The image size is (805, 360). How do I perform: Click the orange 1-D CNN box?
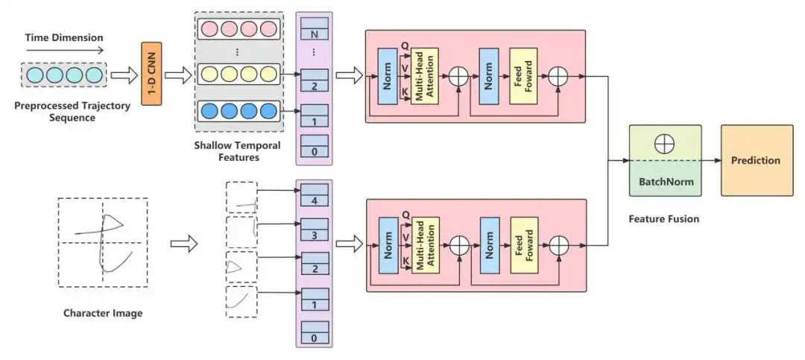tap(151, 74)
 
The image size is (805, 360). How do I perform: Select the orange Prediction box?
tap(756, 160)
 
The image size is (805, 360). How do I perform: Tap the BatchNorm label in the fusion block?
tap(665, 180)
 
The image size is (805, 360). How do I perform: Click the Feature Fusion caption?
tap(663, 218)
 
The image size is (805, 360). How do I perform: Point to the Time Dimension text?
tap(64, 37)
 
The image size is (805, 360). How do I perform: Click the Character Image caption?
tap(103, 313)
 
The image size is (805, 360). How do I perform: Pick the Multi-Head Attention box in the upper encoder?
tap(425, 75)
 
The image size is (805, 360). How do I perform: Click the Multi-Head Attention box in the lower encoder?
tap(425, 244)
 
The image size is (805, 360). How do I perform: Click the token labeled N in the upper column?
tap(314, 34)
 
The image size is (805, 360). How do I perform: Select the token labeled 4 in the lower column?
tap(314, 200)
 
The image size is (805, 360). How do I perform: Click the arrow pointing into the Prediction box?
tap(710, 161)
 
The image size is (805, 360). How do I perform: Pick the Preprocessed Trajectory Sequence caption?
tap(72, 111)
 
